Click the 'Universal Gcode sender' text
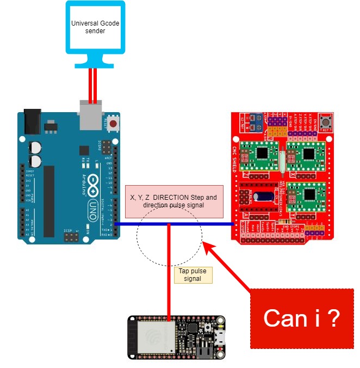point(95,27)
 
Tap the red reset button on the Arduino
point(113,124)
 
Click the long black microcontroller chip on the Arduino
point(49,201)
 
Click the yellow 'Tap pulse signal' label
point(193,274)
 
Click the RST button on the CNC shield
point(328,121)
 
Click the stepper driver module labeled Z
point(307,195)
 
